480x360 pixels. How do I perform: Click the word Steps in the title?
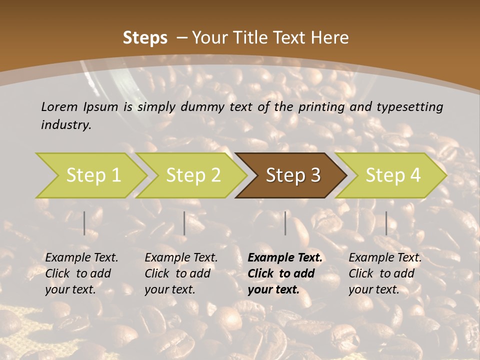point(145,38)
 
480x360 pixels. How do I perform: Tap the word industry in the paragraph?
point(65,125)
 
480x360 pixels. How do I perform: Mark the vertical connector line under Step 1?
point(84,223)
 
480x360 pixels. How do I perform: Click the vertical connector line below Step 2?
point(184,223)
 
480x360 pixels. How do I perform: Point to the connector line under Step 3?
point(285,223)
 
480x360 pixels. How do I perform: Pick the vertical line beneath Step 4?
point(386,223)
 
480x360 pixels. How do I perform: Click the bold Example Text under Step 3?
point(285,258)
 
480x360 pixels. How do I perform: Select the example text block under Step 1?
point(81,273)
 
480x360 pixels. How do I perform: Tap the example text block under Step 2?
point(181,273)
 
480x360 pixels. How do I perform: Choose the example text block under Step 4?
point(385,273)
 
